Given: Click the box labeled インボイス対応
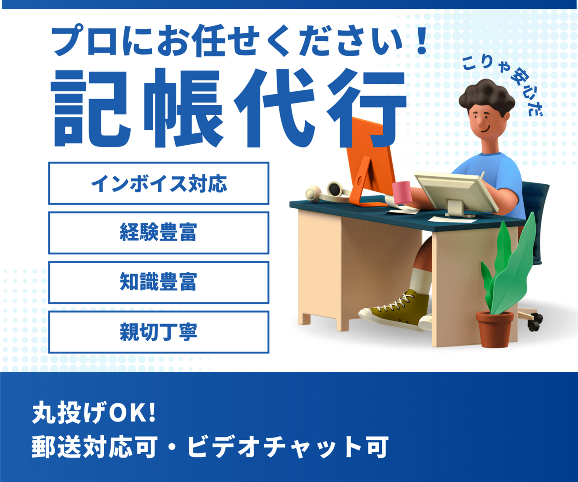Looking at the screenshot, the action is (159, 183).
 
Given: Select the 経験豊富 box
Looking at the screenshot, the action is (159, 233).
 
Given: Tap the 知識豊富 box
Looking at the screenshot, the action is (159, 282).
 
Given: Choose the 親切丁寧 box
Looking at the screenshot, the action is (159, 332).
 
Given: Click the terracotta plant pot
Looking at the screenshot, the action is (495, 329).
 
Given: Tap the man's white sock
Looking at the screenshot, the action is (420, 281).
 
